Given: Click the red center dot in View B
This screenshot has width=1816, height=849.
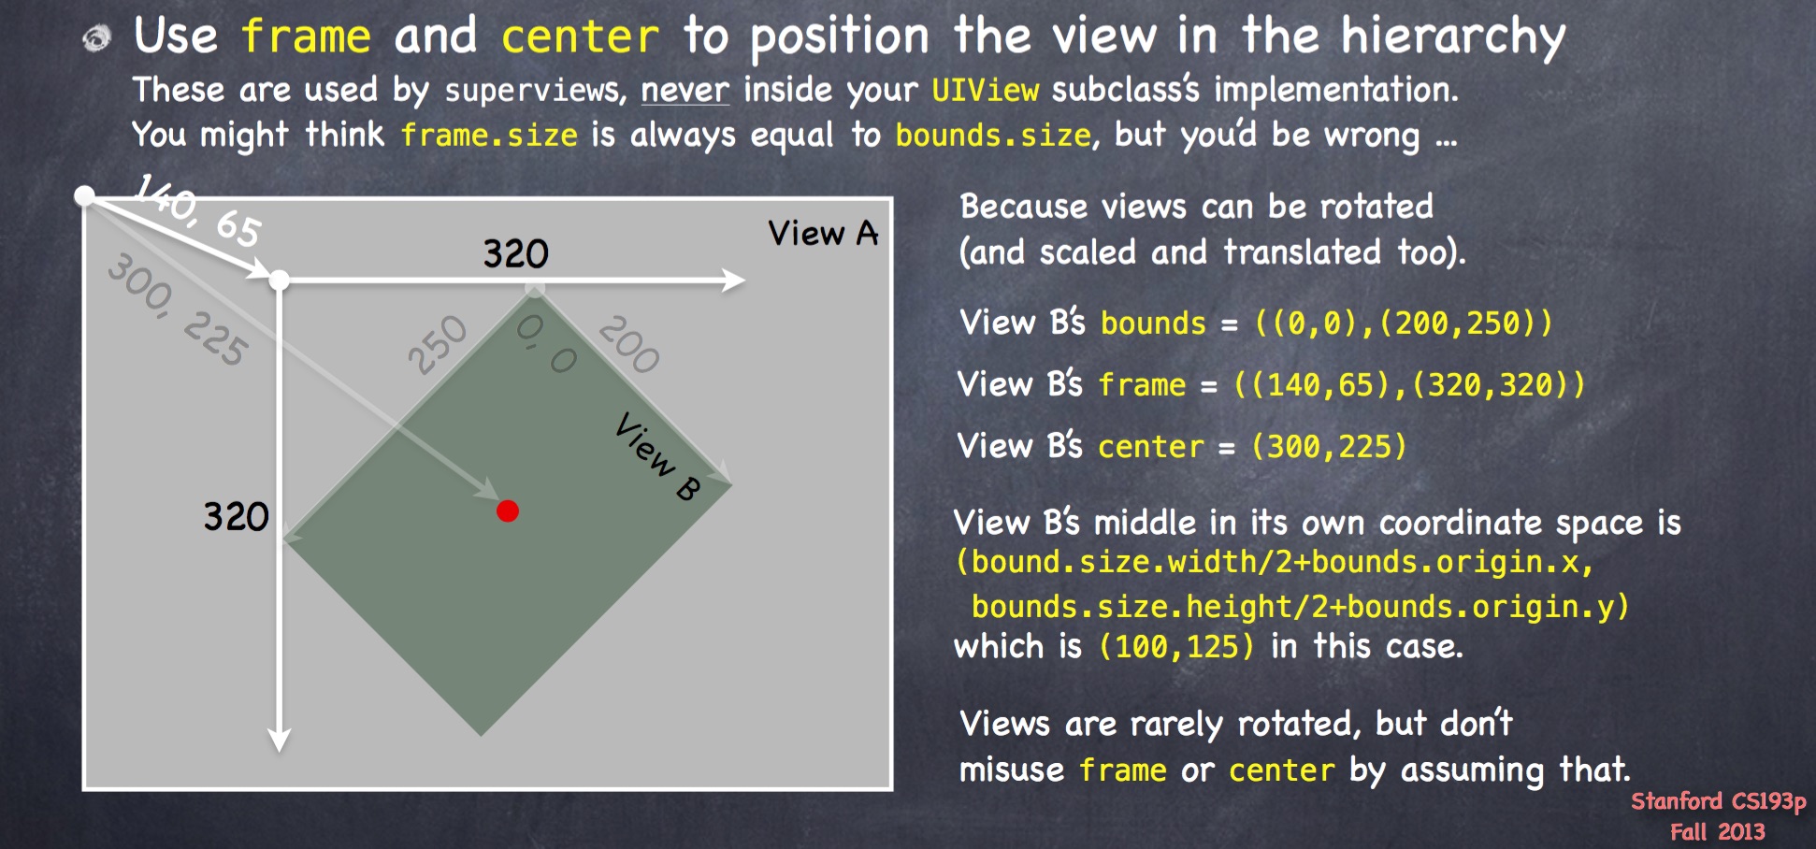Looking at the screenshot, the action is click(x=508, y=511).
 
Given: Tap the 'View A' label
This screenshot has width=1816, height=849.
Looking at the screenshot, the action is click(x=823, y=233).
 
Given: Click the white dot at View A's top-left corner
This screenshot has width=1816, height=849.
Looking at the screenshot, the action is click(x=85, y=195).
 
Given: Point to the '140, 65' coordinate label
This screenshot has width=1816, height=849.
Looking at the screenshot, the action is click(x=198, y=211).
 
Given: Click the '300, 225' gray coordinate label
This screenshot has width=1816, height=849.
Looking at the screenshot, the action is click(x=178, y=309).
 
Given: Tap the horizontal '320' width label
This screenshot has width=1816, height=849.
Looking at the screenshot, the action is click(x=515, y=253).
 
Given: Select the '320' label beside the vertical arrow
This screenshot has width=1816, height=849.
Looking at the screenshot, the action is click(x=237, y=516).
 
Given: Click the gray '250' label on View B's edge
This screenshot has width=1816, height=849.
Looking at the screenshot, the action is click(x=437, y=344).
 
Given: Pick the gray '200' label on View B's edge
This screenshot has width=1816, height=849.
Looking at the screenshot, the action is click(x=629, y=344).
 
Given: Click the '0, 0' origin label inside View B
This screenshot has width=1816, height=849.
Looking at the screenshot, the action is click(x=547, y=343).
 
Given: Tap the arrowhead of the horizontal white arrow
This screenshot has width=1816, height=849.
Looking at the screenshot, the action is click(x=733, y=280).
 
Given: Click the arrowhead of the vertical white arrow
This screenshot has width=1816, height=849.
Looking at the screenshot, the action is click(x=279, y=740).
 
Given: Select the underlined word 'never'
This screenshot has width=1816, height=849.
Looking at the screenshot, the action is click(x=685, y=91).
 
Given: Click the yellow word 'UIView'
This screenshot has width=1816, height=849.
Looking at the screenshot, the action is click(x=986, y=91).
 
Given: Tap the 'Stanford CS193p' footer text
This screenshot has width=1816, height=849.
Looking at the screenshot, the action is click(x=1719, y=801).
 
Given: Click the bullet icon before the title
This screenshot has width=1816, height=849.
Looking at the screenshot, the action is click(x=97, y=38).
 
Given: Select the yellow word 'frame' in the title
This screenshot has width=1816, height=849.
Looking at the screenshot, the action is click(x=306, y=36).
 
